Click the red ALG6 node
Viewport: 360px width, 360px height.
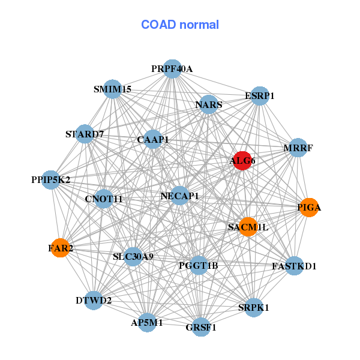(x=242, y=161)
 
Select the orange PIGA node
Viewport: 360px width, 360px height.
(x=309, y=208)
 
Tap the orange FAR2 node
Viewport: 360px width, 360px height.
(x=60, y=248)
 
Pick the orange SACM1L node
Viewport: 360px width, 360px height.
(x=248, y=227)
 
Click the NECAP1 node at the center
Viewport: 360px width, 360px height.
(x=179, y=196)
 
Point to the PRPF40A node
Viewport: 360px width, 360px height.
(x=172, y=69)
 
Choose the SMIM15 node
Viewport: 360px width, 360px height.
(x=113, y=89)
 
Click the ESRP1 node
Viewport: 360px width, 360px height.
(x=260, y=96)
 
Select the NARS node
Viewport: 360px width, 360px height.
(x=208, y=104)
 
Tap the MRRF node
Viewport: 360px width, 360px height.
(x=298, y=148)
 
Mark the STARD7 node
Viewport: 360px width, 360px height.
(x=85, y=134)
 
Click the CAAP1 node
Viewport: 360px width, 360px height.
(x=152, y=139)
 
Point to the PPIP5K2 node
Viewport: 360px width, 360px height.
(x=51, y=180)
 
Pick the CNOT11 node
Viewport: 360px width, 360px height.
(x=104, y=199)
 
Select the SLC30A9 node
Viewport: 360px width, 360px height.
(x=133, y=256)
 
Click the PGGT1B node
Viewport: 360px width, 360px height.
(x=199, y=265)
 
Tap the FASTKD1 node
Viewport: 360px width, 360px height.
(x=294, y=266)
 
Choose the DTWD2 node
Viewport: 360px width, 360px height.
(x=94, y=301)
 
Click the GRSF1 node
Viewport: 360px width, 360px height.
(x=201, y=327)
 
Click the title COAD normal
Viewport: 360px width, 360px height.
(x=180, y=25)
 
